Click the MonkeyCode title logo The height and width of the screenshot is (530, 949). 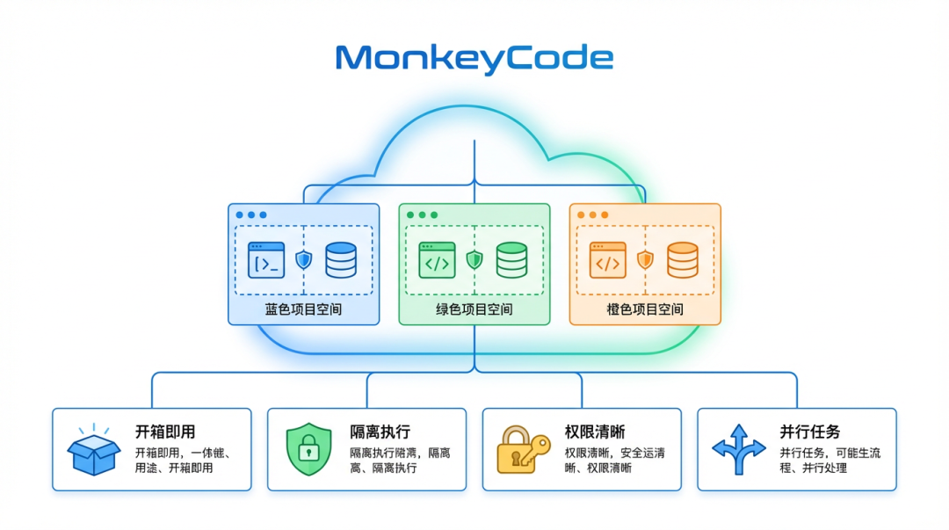click(474, 58)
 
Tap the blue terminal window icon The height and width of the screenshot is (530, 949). click(266, 260)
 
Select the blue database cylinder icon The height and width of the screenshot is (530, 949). click(341, 260)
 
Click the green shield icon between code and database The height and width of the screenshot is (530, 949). click(474, 259)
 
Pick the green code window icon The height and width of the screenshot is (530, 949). click(437, 260)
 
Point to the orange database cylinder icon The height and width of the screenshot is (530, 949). click(682, 260)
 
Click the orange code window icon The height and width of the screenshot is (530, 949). click(607, 260)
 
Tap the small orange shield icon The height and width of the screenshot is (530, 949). click(645, 259)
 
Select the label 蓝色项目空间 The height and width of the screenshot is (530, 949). click(303, 309)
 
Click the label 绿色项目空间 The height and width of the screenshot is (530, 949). click(474, 309)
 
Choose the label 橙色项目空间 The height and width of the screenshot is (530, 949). click(645, 309)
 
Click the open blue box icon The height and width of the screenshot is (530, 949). click(94, 451)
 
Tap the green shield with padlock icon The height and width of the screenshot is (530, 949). click(308, 449)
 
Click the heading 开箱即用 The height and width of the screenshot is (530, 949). click(165, 432)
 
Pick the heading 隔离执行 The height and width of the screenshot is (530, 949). click(380, 432)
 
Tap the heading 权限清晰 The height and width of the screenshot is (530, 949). click(595, 432)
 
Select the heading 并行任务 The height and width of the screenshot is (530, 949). click(810, 432)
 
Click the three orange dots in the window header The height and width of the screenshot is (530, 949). click(592, 214)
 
